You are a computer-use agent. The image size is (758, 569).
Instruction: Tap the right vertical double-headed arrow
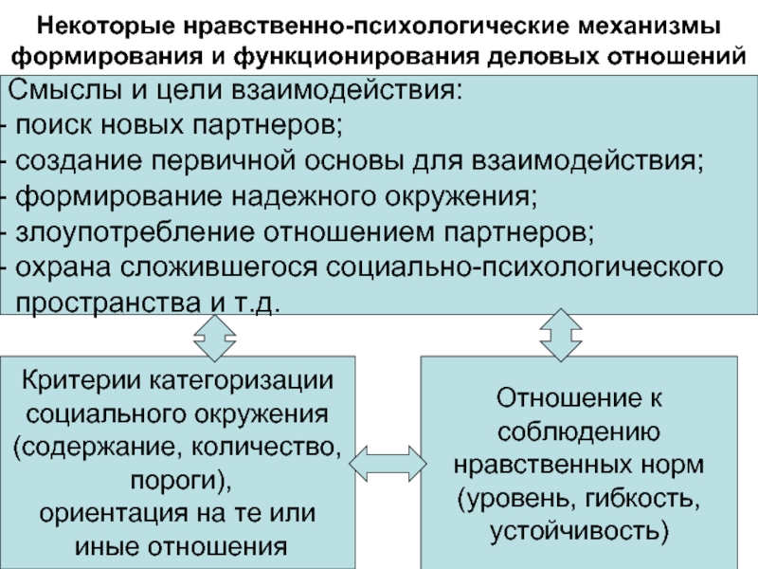click(x=563, y=336)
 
